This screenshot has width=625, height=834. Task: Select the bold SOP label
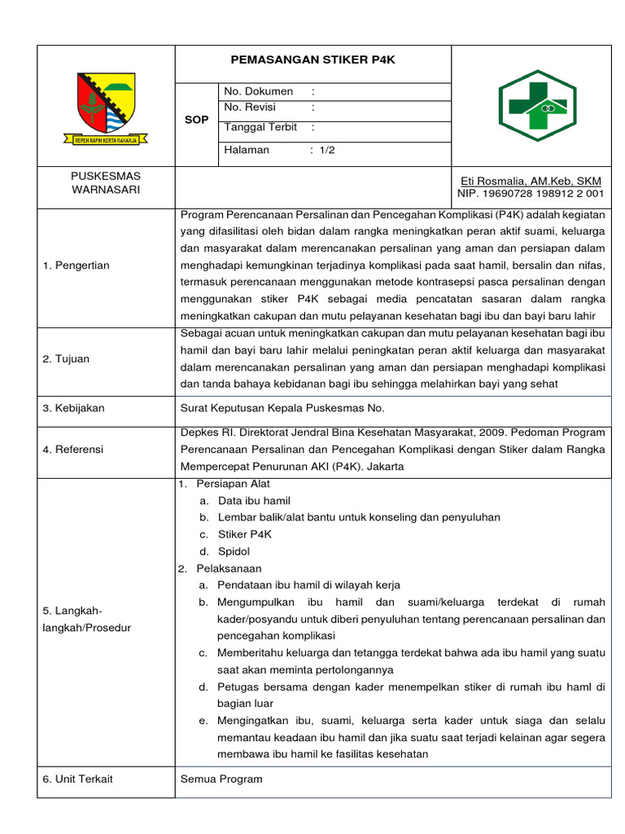[196, 120]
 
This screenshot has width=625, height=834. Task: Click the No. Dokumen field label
[258, 91]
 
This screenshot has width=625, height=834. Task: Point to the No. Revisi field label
[250, 108]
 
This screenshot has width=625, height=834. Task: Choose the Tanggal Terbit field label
[260, 127]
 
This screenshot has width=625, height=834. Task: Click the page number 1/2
[326, 150]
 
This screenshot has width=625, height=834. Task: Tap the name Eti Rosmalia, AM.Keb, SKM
[530, 180]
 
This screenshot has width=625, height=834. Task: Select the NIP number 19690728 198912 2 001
[530, 194]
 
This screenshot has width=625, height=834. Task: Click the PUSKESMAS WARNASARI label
[106, 182]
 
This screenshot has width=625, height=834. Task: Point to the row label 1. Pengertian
[76, 266]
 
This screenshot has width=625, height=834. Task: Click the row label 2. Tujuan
[66, 358]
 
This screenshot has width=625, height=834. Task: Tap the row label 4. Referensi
[73, 449]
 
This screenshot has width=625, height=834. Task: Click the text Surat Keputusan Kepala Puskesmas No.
[282, 408]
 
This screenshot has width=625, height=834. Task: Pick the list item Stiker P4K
[244, 534]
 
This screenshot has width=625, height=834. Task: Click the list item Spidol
[234, 551]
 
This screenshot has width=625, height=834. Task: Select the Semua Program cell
[221, 779]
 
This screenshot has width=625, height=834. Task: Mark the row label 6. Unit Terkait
[77, 779]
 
